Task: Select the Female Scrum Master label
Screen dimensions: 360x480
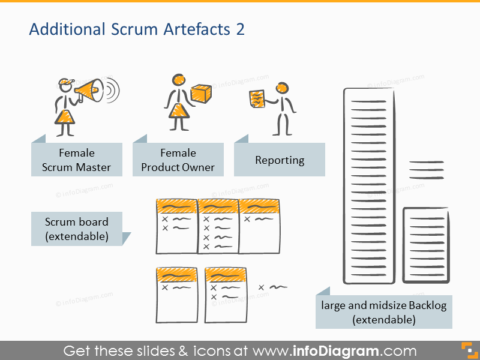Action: click(77, 160)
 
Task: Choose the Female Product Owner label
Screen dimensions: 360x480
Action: click(178, 160)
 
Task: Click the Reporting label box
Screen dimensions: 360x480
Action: click(280, 160)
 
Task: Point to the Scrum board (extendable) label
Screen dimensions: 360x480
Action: click(77, 229)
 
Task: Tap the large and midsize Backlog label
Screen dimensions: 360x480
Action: click(384, 313)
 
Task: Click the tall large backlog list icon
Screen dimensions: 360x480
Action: click(368, 185)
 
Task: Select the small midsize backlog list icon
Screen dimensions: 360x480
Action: click(425, 244)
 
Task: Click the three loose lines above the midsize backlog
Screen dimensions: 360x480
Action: click(426, 170)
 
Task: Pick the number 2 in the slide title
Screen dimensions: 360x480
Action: click(240, 29)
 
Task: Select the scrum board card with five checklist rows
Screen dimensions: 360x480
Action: click(217, 226)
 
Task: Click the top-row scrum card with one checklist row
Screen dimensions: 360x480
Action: click(259, 226)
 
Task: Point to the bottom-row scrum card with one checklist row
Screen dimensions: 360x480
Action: click(176, 294)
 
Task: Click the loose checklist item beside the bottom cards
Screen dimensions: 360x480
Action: click(272, 287)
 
